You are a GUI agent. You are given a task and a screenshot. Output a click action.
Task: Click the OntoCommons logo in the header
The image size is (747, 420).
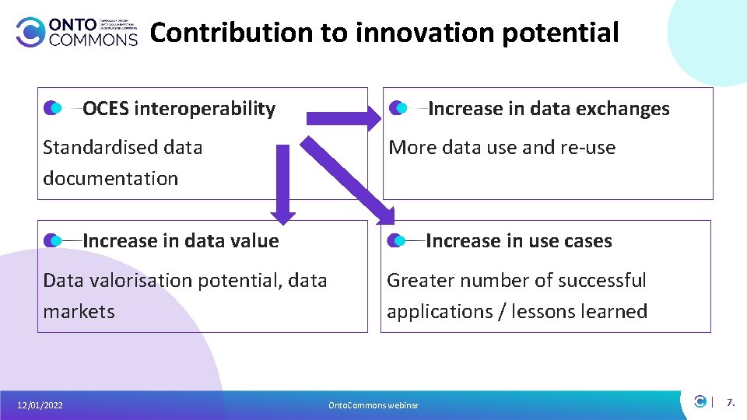point(76,32)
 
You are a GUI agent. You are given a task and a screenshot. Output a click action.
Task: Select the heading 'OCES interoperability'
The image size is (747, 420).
point(179,109)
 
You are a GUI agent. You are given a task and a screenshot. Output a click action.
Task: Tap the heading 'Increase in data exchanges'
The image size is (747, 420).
point(549,109)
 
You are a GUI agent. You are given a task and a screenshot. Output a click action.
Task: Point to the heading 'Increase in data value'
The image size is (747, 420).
point(181,241)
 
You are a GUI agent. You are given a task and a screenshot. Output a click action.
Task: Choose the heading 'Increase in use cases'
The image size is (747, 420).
point(519,241)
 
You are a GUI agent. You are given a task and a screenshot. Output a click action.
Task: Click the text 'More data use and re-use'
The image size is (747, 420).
point(502,148)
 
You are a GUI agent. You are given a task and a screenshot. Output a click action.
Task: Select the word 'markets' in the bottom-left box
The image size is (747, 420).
point(79,312)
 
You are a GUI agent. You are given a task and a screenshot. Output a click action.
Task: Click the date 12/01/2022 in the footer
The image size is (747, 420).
point(40,405)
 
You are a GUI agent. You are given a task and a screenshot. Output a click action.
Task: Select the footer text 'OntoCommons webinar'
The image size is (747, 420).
point(373,405)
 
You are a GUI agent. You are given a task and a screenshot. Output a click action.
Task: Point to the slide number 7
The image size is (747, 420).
point(730,403)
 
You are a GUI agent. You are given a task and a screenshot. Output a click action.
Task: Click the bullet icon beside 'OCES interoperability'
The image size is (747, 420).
point(52,108)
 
